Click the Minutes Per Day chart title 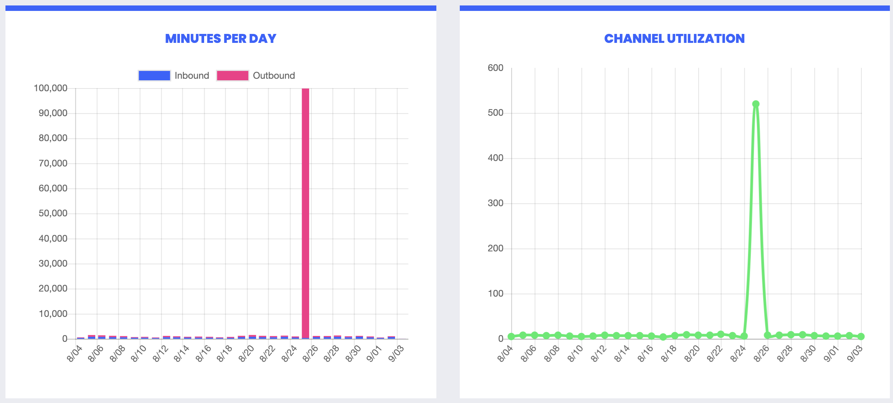pyautogui.click(x=221, y=39)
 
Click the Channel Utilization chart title pyautogui.click(x=674, y=39)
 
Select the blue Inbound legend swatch pyautogui.click(x=154, y=76)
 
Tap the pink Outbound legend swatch pyautogui.click(x=233, y=76)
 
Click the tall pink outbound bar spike pyautogui.click(x=306, y=214)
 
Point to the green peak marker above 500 pyautogui.click(x=756, y=104)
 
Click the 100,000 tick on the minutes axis pyautogui.click(x=51, y=88)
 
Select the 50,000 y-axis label pyautogui.click(x=53, y=214)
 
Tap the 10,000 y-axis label pyautogui.click(x=53, y=314)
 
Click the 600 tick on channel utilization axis pyautogui.click(x=496, y=68)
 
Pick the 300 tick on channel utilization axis pyautogui.click(x=496, y=203)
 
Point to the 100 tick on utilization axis pyautogui.click(x=496, y=293)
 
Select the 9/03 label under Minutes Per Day pyautogui.click(x=397, y=354)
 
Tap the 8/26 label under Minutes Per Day pyautogui.click(x=311, y=354)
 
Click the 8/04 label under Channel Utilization pyautogui.click(x=506, y=354)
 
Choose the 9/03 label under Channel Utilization pyautogui.click(x=855, y=354)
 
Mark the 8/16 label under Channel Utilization pyautogui.click(x=646, y=354)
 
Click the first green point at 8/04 pyautogui.click(x=511, y=336)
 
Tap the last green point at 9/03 pyautogui.click(x=861, y=336)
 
